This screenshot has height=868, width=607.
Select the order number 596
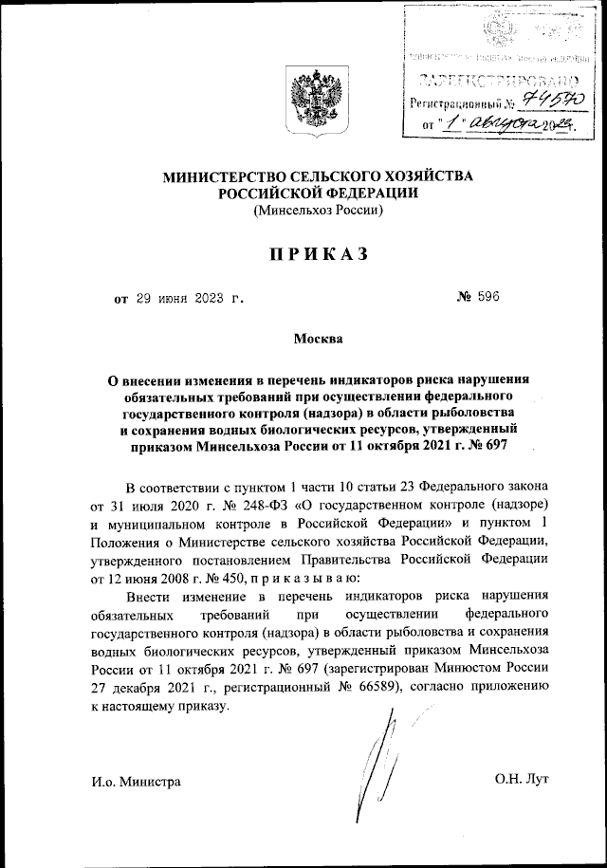pos(485,298)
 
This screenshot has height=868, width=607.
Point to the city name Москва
pos(316,338)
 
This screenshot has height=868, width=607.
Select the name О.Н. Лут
pos(521,780)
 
